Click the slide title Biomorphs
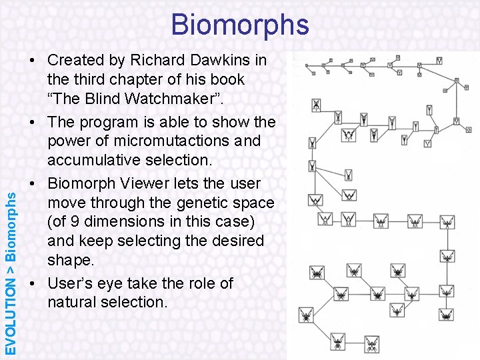240,24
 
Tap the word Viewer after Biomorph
151,183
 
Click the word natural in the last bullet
74,302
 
